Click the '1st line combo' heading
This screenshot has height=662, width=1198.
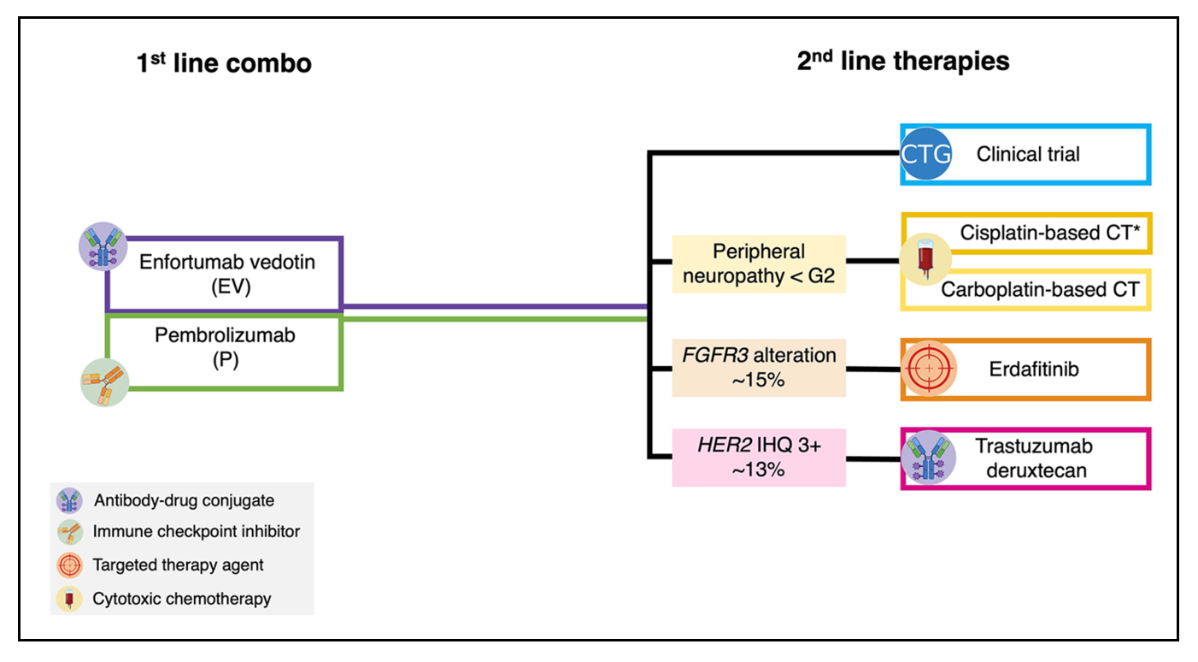(224, 62)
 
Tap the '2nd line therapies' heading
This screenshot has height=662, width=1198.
(903, 61)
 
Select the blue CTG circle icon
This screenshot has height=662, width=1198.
(925, 154)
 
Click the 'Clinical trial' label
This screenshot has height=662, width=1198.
(1028, 154)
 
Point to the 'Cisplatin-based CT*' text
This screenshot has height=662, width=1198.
(1050, 233)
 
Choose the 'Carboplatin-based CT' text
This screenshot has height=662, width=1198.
(1040, 290)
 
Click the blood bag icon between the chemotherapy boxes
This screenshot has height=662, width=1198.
(925, 259)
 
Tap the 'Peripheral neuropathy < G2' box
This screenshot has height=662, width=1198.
(759, 263)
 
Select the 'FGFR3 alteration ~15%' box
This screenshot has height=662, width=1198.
(759, 368)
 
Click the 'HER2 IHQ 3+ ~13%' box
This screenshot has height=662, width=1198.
(759, 458)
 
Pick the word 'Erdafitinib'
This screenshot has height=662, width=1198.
(1034, 369)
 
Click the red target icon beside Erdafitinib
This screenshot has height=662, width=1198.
(929, 369)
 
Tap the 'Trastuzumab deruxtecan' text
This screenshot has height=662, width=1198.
(1034, 458)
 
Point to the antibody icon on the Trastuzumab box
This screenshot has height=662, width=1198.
(929, 458)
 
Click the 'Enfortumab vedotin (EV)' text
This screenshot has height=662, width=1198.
(227, 274)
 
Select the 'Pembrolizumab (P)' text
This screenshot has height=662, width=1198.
(226, 347)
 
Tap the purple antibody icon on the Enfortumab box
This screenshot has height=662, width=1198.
(103, 246)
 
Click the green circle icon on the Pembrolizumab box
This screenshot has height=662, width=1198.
(105, 382)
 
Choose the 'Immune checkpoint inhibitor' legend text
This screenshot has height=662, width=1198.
(197, 531)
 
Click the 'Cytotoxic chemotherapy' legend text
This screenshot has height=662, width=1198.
(182, 599)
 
